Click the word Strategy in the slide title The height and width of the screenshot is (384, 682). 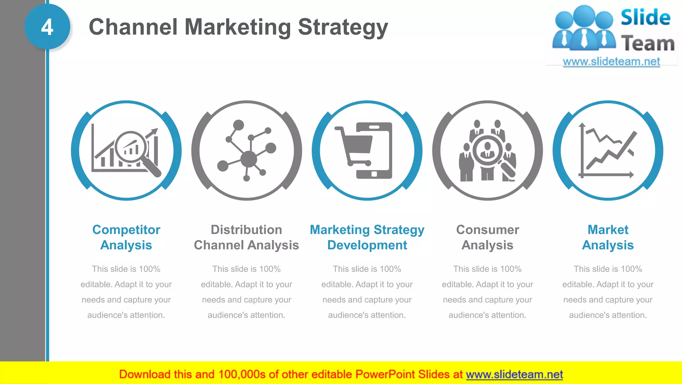[x=343, y=27]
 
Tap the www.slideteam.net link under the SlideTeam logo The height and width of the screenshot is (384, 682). [x=611, y=61]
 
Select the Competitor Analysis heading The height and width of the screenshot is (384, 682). [x=126, y=237]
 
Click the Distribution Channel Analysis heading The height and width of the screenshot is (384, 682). [x=246, y=237]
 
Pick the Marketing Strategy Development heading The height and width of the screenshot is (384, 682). [x=367, y=237]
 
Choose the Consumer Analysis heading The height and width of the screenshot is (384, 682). [x=488, y=237]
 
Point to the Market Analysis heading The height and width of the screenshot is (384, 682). [x=608, y=237]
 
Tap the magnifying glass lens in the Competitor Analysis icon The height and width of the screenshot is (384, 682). [x=131, y=147]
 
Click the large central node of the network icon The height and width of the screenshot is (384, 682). [x=248, y=159]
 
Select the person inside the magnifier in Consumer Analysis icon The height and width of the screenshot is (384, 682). [x=488, y=150]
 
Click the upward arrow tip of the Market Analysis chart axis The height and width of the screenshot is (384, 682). [x=582, y=125]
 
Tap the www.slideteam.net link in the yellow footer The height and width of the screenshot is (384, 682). [x=514, y=374]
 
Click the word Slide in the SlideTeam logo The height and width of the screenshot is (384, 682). [x=645, y=17]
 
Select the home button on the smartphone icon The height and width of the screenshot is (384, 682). [x=374, y=174]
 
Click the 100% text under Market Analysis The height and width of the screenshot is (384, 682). [x=631, y=269]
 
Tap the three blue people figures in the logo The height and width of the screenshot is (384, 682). [x=584, y=28]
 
